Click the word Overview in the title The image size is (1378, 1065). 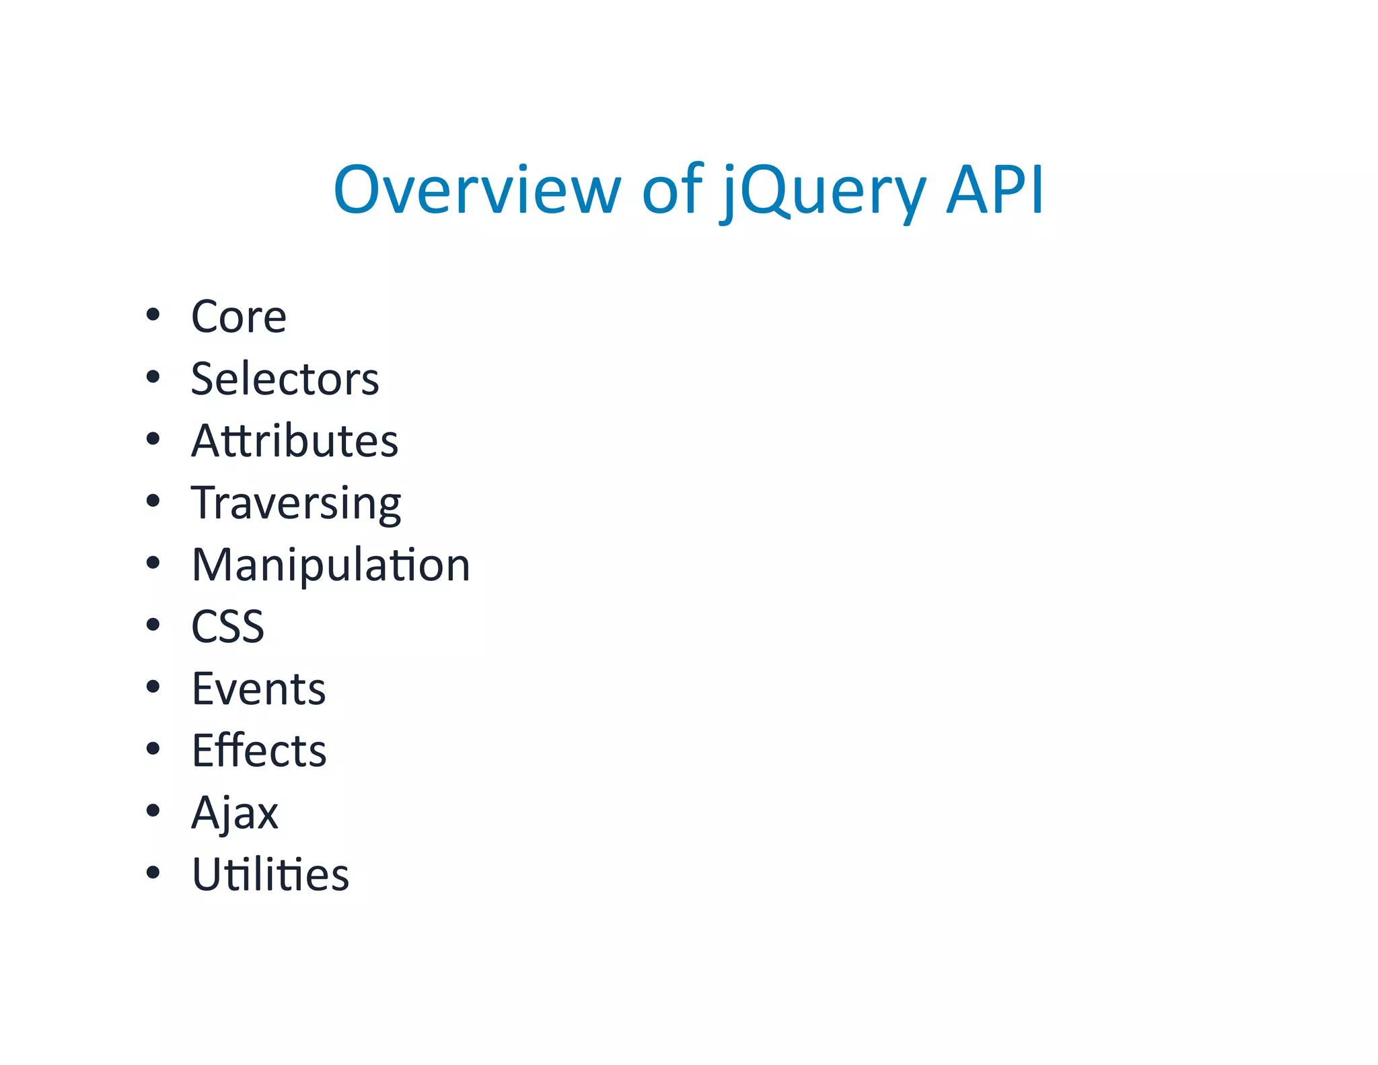coord(476,191)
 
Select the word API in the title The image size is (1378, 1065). coord(994,191)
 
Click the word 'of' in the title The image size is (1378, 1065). coord(672,191)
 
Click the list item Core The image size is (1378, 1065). coord(239,316)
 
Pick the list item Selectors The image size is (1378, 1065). coord(285,378)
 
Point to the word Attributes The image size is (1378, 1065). coord(295,441)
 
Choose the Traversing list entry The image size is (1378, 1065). coord(296,503)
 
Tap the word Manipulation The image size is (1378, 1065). coord(330,565)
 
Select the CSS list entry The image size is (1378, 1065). coord(227,627)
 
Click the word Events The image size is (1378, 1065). coord(258,689)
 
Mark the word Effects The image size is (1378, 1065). coord(259,751)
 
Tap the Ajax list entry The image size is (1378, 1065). coord(234,813)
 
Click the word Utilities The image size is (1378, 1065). coord(270,874)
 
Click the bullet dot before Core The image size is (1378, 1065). coord(153,314)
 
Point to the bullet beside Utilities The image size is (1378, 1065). coord(153,872)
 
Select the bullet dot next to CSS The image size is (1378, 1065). coord(153,625)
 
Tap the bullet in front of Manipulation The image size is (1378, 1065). coord(153,563)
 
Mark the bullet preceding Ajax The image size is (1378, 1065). coord(153,811)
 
